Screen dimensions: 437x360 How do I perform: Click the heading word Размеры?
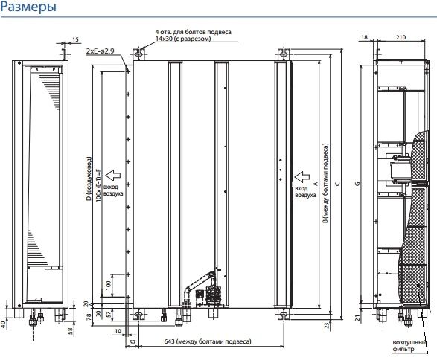(x=28, y=7)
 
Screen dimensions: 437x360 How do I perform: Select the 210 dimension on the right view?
(x=401, y=37)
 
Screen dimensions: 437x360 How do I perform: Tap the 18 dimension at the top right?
(x=364, y=37)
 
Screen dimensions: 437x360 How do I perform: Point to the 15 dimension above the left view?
(x=75, y=39)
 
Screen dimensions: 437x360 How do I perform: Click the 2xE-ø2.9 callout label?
(x=100, y=51)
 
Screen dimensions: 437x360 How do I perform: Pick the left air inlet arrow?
(x=113, y=175)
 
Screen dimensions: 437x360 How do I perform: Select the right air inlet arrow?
(x=302, y=177)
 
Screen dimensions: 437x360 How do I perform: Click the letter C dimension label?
(x=337, y=184)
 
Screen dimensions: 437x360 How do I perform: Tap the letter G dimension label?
(x=357, y=184)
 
